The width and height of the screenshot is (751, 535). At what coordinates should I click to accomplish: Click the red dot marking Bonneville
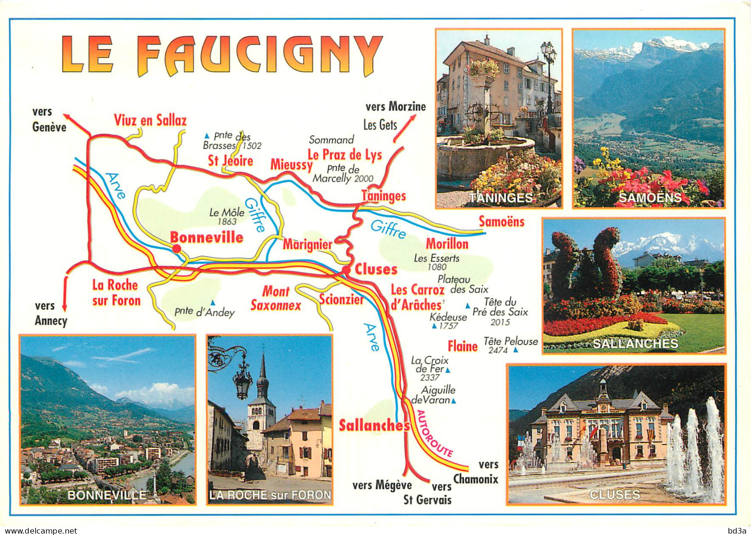[176, 248]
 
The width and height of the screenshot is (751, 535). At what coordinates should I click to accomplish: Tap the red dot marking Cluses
[346, 269]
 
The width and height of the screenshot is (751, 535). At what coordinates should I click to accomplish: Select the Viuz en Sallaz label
[150, 120]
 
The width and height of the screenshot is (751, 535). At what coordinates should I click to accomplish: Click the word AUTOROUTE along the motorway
[434, 433]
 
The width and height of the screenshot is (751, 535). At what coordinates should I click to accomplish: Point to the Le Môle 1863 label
[227, 216]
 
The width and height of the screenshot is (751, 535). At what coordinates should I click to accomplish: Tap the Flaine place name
[462, 346]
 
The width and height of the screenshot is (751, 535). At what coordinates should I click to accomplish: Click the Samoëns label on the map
[501, 221]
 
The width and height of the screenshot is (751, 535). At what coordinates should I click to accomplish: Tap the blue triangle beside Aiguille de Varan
[454, 401]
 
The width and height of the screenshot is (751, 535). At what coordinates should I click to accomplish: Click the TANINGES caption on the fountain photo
[500, 198]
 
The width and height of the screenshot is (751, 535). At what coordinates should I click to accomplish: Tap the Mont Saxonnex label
[276, 298]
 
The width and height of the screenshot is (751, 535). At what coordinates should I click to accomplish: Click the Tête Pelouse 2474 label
[510, 345]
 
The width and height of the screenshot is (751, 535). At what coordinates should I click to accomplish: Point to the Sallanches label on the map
[374, 425]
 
